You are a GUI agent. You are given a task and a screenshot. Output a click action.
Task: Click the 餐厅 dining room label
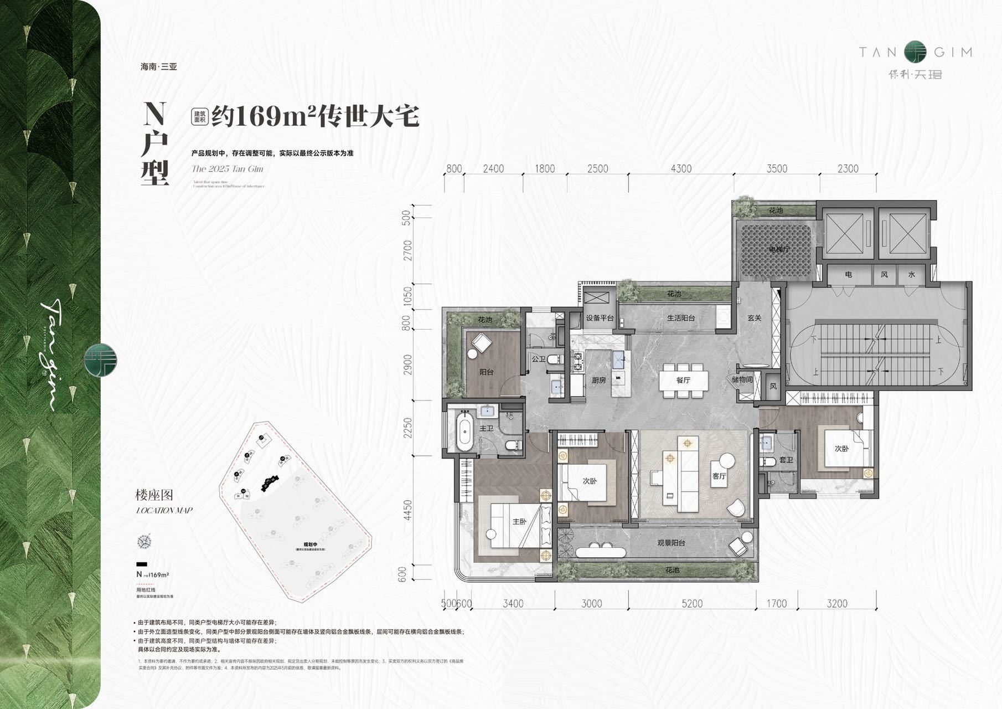click(683, 380)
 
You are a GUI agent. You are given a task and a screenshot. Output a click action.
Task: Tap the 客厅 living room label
click(719, 476)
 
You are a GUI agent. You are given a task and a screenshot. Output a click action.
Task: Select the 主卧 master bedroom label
click(519, 521)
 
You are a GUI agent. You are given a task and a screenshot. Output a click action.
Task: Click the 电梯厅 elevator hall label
click(779, 249)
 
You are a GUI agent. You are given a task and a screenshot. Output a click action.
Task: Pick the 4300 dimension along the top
click(681, 168)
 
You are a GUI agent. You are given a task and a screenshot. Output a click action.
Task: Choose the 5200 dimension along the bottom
click(692, 604)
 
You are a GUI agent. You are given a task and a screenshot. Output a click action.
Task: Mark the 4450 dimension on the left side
click(408, 510)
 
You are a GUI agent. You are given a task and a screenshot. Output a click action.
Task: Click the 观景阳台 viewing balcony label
click(671, 542)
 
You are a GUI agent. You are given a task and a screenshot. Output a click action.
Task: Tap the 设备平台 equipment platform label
click(600, 318)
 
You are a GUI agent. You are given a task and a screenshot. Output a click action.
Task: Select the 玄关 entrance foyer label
click(754, 318)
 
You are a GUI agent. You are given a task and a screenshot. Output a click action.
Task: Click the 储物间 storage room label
click(742, 379)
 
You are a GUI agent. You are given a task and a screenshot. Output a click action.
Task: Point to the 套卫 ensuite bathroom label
click(786, 460)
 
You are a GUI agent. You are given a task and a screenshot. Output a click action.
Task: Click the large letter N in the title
click(154, 114)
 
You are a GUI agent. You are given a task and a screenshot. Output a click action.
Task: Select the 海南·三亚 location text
click(159, 66)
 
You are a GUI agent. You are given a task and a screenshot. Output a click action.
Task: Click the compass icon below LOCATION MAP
click(144, 541)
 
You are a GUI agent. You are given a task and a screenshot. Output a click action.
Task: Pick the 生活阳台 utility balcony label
click(680, 318)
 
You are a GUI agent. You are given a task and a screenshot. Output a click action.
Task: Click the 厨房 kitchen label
click(598, 380)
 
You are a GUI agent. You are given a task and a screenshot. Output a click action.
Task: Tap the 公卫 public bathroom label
click(538, 359)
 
